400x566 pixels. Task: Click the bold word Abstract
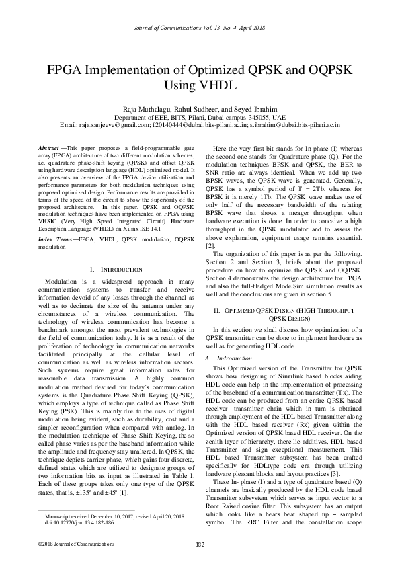pos(48,147)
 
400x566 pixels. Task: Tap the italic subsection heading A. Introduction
pos(227,358)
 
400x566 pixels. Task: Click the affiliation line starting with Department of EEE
pos(200,117)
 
